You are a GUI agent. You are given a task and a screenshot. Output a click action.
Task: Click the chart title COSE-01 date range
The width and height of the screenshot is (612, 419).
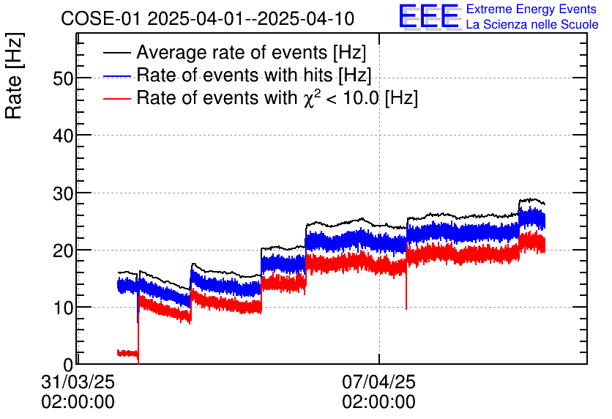(x=208, y=18)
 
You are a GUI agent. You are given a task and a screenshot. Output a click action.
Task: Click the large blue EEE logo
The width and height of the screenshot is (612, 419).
(x=429, y=17)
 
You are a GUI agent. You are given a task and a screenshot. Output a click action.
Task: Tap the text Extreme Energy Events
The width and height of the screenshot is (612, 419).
(x=531, y=10)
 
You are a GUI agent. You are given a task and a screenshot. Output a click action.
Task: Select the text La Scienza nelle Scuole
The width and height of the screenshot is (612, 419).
(x=532, y=25)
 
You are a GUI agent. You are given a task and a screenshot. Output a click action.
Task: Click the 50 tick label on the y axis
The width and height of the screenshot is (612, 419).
(x=63, y=78)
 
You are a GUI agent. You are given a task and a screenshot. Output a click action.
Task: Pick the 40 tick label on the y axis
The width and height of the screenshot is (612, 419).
(x=63, y=136)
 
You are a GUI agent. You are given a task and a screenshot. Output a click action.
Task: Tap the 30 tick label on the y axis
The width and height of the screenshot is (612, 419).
(x=63, y=193)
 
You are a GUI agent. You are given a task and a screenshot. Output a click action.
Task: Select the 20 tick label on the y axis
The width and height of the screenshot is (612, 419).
(x=63, y=250)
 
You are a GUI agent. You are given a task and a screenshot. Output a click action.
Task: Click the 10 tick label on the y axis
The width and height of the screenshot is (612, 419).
(x=63, y=307)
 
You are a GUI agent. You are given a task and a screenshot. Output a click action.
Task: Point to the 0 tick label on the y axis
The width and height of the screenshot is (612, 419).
(x=68, y=364)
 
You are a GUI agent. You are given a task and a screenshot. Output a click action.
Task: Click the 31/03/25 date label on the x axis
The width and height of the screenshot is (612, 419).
(x=78, y=382)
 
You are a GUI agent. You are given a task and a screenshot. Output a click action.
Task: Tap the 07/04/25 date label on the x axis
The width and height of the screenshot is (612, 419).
(x=378, y=382)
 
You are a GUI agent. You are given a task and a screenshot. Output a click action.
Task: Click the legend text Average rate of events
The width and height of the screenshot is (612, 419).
(x=251, y=53)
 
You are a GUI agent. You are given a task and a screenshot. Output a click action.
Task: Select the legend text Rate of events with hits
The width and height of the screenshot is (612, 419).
(x=254, y=75)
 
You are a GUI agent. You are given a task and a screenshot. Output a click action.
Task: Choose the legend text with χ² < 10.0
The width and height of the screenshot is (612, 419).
(x=277, y=98)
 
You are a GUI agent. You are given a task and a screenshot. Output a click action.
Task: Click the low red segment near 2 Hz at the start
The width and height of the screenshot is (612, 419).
(x=127, y=353)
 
